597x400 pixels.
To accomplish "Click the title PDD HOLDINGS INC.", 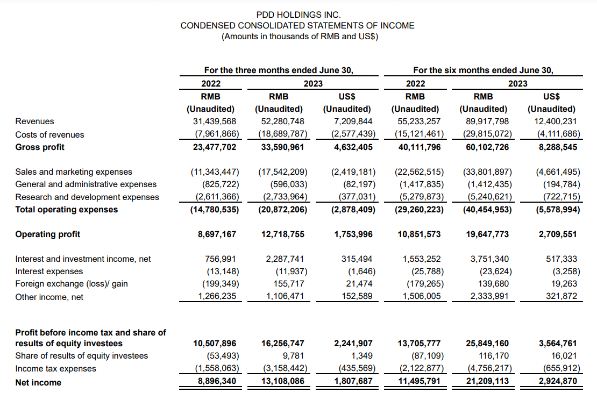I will [297, 15].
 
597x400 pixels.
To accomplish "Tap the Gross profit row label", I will [40, 147].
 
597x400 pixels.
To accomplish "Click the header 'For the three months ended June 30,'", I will [278, 70].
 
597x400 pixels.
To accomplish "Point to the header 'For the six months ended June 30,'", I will [482, 70].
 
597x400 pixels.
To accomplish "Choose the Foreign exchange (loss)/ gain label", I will [72, 284].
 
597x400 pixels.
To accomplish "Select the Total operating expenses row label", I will [66, 210].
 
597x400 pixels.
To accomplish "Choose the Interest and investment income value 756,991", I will [221, 259].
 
